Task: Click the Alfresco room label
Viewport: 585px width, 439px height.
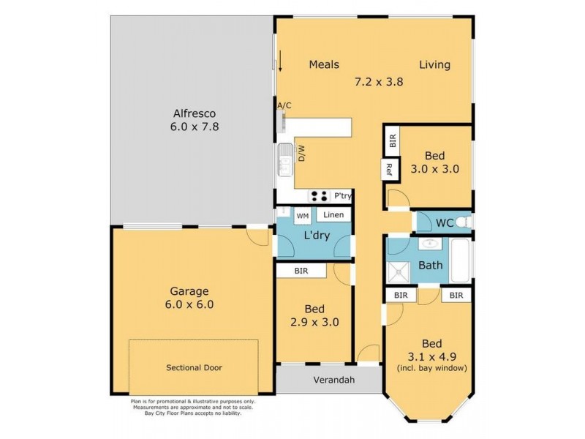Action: tap(195, 113)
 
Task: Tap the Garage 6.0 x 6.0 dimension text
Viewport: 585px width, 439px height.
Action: tap(190, 304)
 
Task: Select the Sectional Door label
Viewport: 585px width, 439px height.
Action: tap(193, 367)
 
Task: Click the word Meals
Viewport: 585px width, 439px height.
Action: tap(323, 64)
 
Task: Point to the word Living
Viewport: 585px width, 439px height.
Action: tap(434, 64)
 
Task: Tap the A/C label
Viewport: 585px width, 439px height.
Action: tap(284, 106)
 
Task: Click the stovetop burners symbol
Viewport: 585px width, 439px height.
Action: tap(319, 195)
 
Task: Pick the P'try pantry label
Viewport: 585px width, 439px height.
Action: tap(342, 196)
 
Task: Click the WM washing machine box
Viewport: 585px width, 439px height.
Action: tap(302, 216)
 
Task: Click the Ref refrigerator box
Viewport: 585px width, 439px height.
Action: tap(390, 170)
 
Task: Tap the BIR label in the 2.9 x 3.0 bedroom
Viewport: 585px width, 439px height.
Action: tap(301, 271)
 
